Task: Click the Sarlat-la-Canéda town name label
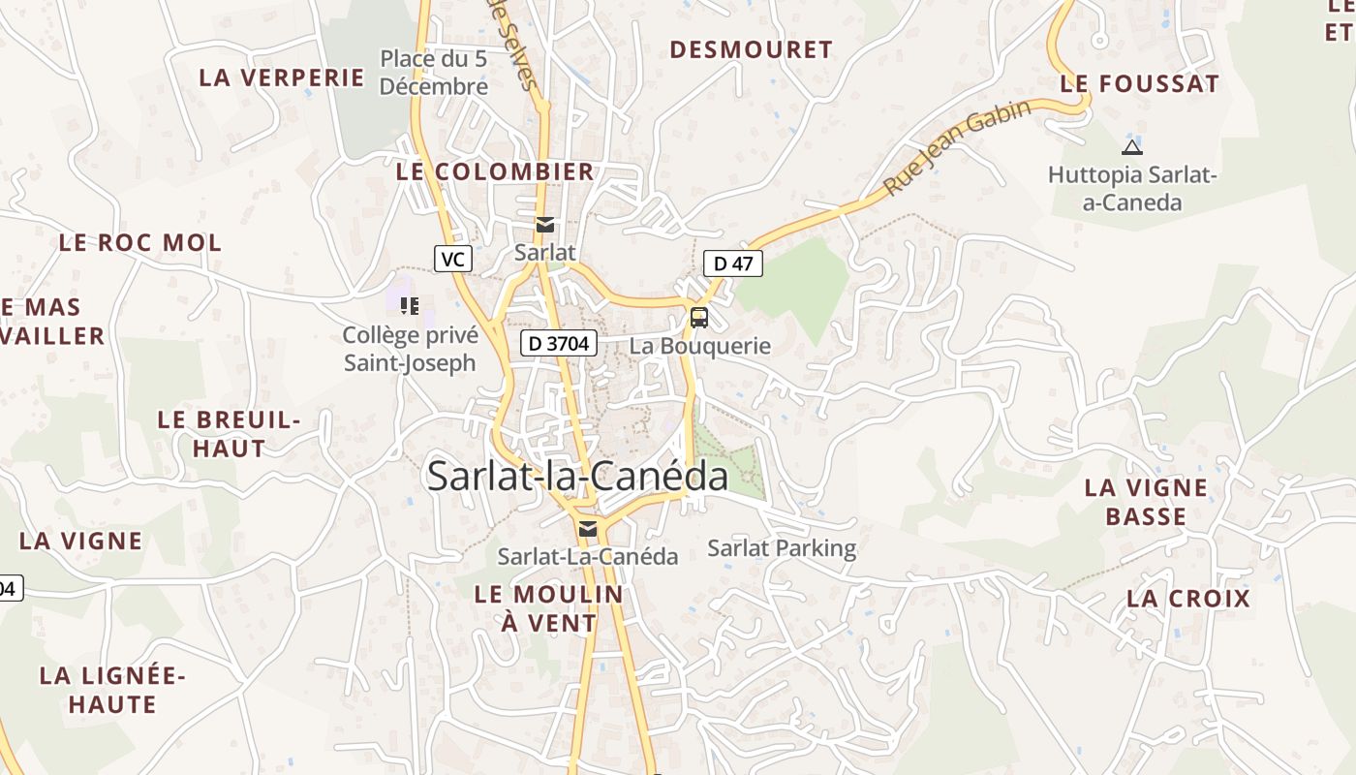[577, 476]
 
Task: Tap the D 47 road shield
[733, 263]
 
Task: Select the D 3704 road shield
[558, 343]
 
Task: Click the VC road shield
[453, 259]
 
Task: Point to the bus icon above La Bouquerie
[698, 317]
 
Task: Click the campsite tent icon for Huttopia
[1131, 148]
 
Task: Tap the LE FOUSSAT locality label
[1139, 84]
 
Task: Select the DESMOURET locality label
[751, 49]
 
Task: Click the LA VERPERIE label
[282, 77]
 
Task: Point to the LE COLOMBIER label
[495, 171]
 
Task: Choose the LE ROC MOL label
[140, 242]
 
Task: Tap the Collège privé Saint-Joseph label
[411, 349]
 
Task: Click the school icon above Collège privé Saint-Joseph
[410, 306]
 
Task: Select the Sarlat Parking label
[782, 548]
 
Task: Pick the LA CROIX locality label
[1188, 599]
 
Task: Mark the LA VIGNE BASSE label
[1146, 502]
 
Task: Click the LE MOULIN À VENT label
[549, 608]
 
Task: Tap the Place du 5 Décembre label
[433, 73]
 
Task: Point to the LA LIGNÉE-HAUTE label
[112, 690]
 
